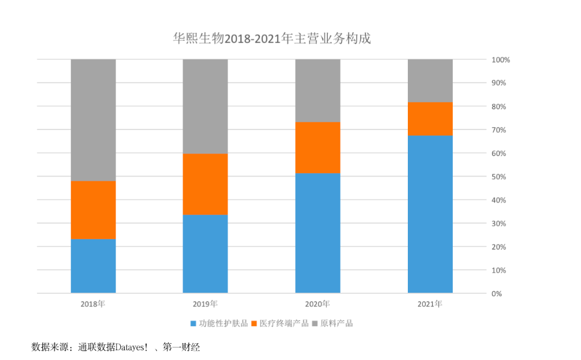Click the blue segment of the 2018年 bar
(x=93, y=266)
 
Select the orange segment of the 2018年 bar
(x=93, y=210)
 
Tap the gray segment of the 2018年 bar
(x=93, y=120)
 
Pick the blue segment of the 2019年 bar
(x=205, y=254)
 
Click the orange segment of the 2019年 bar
(x=205, y=184)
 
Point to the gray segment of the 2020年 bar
(x=318, y=90)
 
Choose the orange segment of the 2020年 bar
(x=318, y=147)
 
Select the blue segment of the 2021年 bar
(x=430, y=214)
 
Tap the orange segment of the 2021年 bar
(x=430, y=118)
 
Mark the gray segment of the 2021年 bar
(x=430, y=81)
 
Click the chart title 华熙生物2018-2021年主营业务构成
(x=272, y=39)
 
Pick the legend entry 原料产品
(x=337, y=323)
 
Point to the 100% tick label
(x=501, y=60)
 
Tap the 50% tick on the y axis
(x=499, y=177)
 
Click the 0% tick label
(x=497, y=294)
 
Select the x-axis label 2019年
(x=205, y=304)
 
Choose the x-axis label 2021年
(x=430, y=304)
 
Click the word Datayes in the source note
(x=132, y=347)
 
